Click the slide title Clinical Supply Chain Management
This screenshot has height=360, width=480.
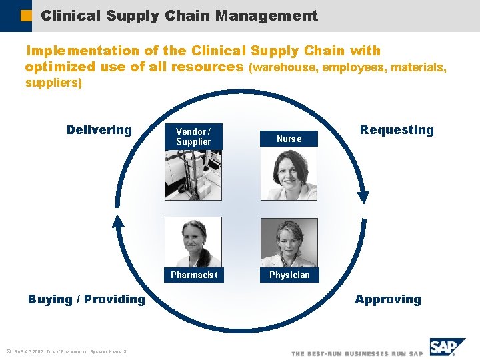pos(179,15)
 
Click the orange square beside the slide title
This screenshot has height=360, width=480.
pos(25,16)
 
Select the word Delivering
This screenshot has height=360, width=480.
pos(99,130)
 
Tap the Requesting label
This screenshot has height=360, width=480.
pos(397,130)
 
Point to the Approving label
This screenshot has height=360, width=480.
pos(388,299)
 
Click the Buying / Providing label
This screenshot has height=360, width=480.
pos(87,299)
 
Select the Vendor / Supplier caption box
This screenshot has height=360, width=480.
pos(193,137)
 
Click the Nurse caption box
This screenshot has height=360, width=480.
pos(289,139)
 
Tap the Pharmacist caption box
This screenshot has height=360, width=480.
pos(193,275)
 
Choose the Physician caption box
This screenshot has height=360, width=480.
pos(289,275)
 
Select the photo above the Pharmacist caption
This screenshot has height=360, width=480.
pos(193,243)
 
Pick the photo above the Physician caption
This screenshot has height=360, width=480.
pos(289,243)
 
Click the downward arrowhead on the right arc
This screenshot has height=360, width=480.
pos(363,195)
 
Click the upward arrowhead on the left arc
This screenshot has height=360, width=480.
pos(118,222)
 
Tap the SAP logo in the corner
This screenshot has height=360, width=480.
pos(446,348)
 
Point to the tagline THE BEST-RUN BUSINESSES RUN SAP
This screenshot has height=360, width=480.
pos(357,353)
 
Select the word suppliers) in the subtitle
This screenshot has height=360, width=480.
pos(53,83)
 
